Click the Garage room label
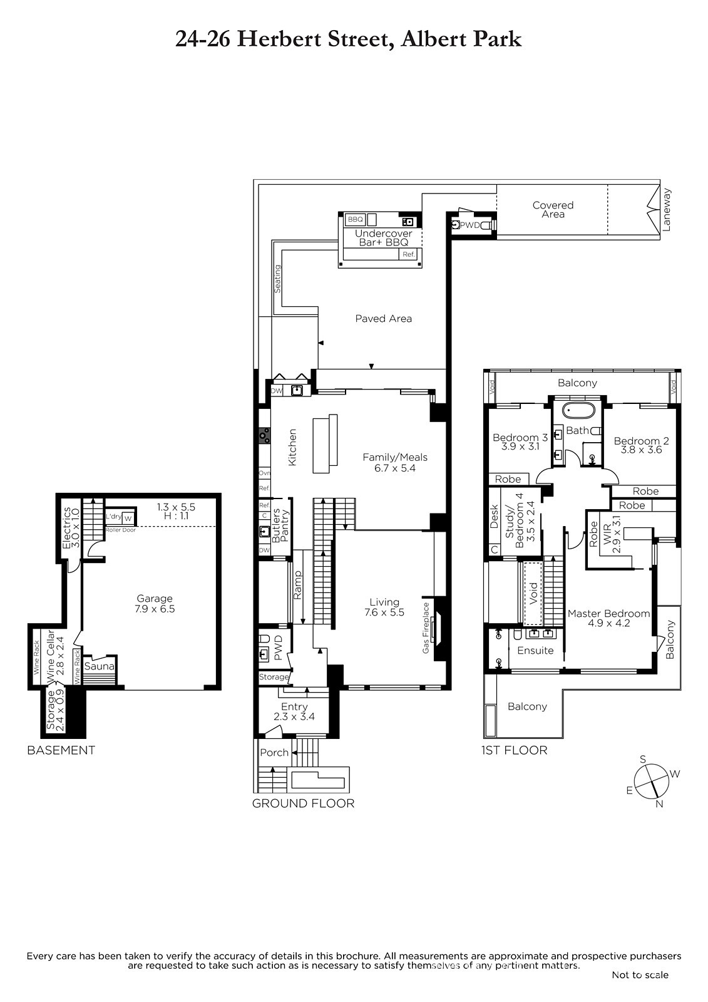pos(154,599)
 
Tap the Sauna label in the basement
pos(100,666)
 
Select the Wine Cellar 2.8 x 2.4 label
pos(56,653)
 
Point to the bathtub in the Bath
pos(578,411)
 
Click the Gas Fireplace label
pos(426,628)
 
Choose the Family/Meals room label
pos(395,457)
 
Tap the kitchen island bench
pos(325,443)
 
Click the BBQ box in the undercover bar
pos(355,220)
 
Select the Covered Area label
pos(553,209)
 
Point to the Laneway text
pos(667,210)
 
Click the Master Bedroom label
pos(608,613)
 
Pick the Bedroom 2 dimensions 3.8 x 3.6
pos(642,450)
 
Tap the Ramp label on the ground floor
pos(297,585)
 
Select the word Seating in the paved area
pos(277,279)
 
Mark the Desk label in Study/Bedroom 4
pos(494,517)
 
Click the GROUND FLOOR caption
pos(303,803)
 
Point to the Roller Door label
pos(121,530)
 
